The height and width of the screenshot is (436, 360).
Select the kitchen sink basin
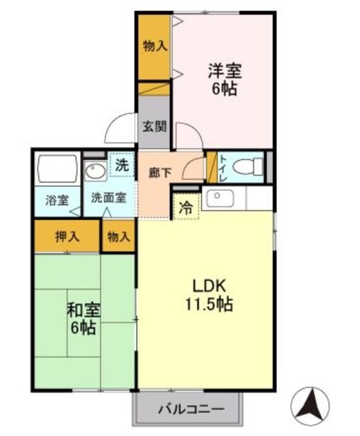click(220, 198)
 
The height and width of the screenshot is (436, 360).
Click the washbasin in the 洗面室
click(95, 171)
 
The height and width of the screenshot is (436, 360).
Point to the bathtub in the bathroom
click(57, 168)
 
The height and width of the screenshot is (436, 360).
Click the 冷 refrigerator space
click(186, 206)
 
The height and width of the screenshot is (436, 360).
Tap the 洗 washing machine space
click(122, 165)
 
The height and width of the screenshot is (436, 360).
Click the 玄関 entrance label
click(154, 127)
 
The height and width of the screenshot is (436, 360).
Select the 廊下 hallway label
click(159, 173)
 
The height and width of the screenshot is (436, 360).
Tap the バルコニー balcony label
click(191, 409)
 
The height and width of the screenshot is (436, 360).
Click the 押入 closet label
click(67, 237)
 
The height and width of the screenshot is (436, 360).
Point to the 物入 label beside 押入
click(118, 237)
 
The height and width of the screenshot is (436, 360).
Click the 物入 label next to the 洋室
click(155, 46)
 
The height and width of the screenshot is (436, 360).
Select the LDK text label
click(209, 286)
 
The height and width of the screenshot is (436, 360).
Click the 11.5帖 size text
click(209, 304)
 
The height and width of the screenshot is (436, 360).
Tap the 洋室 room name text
click(225, 71)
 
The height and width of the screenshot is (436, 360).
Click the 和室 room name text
click(83, 311)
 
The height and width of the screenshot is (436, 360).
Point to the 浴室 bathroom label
click(57, 200)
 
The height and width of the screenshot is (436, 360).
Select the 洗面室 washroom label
click(109, 198)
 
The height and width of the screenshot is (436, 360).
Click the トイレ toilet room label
click(223, 168)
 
